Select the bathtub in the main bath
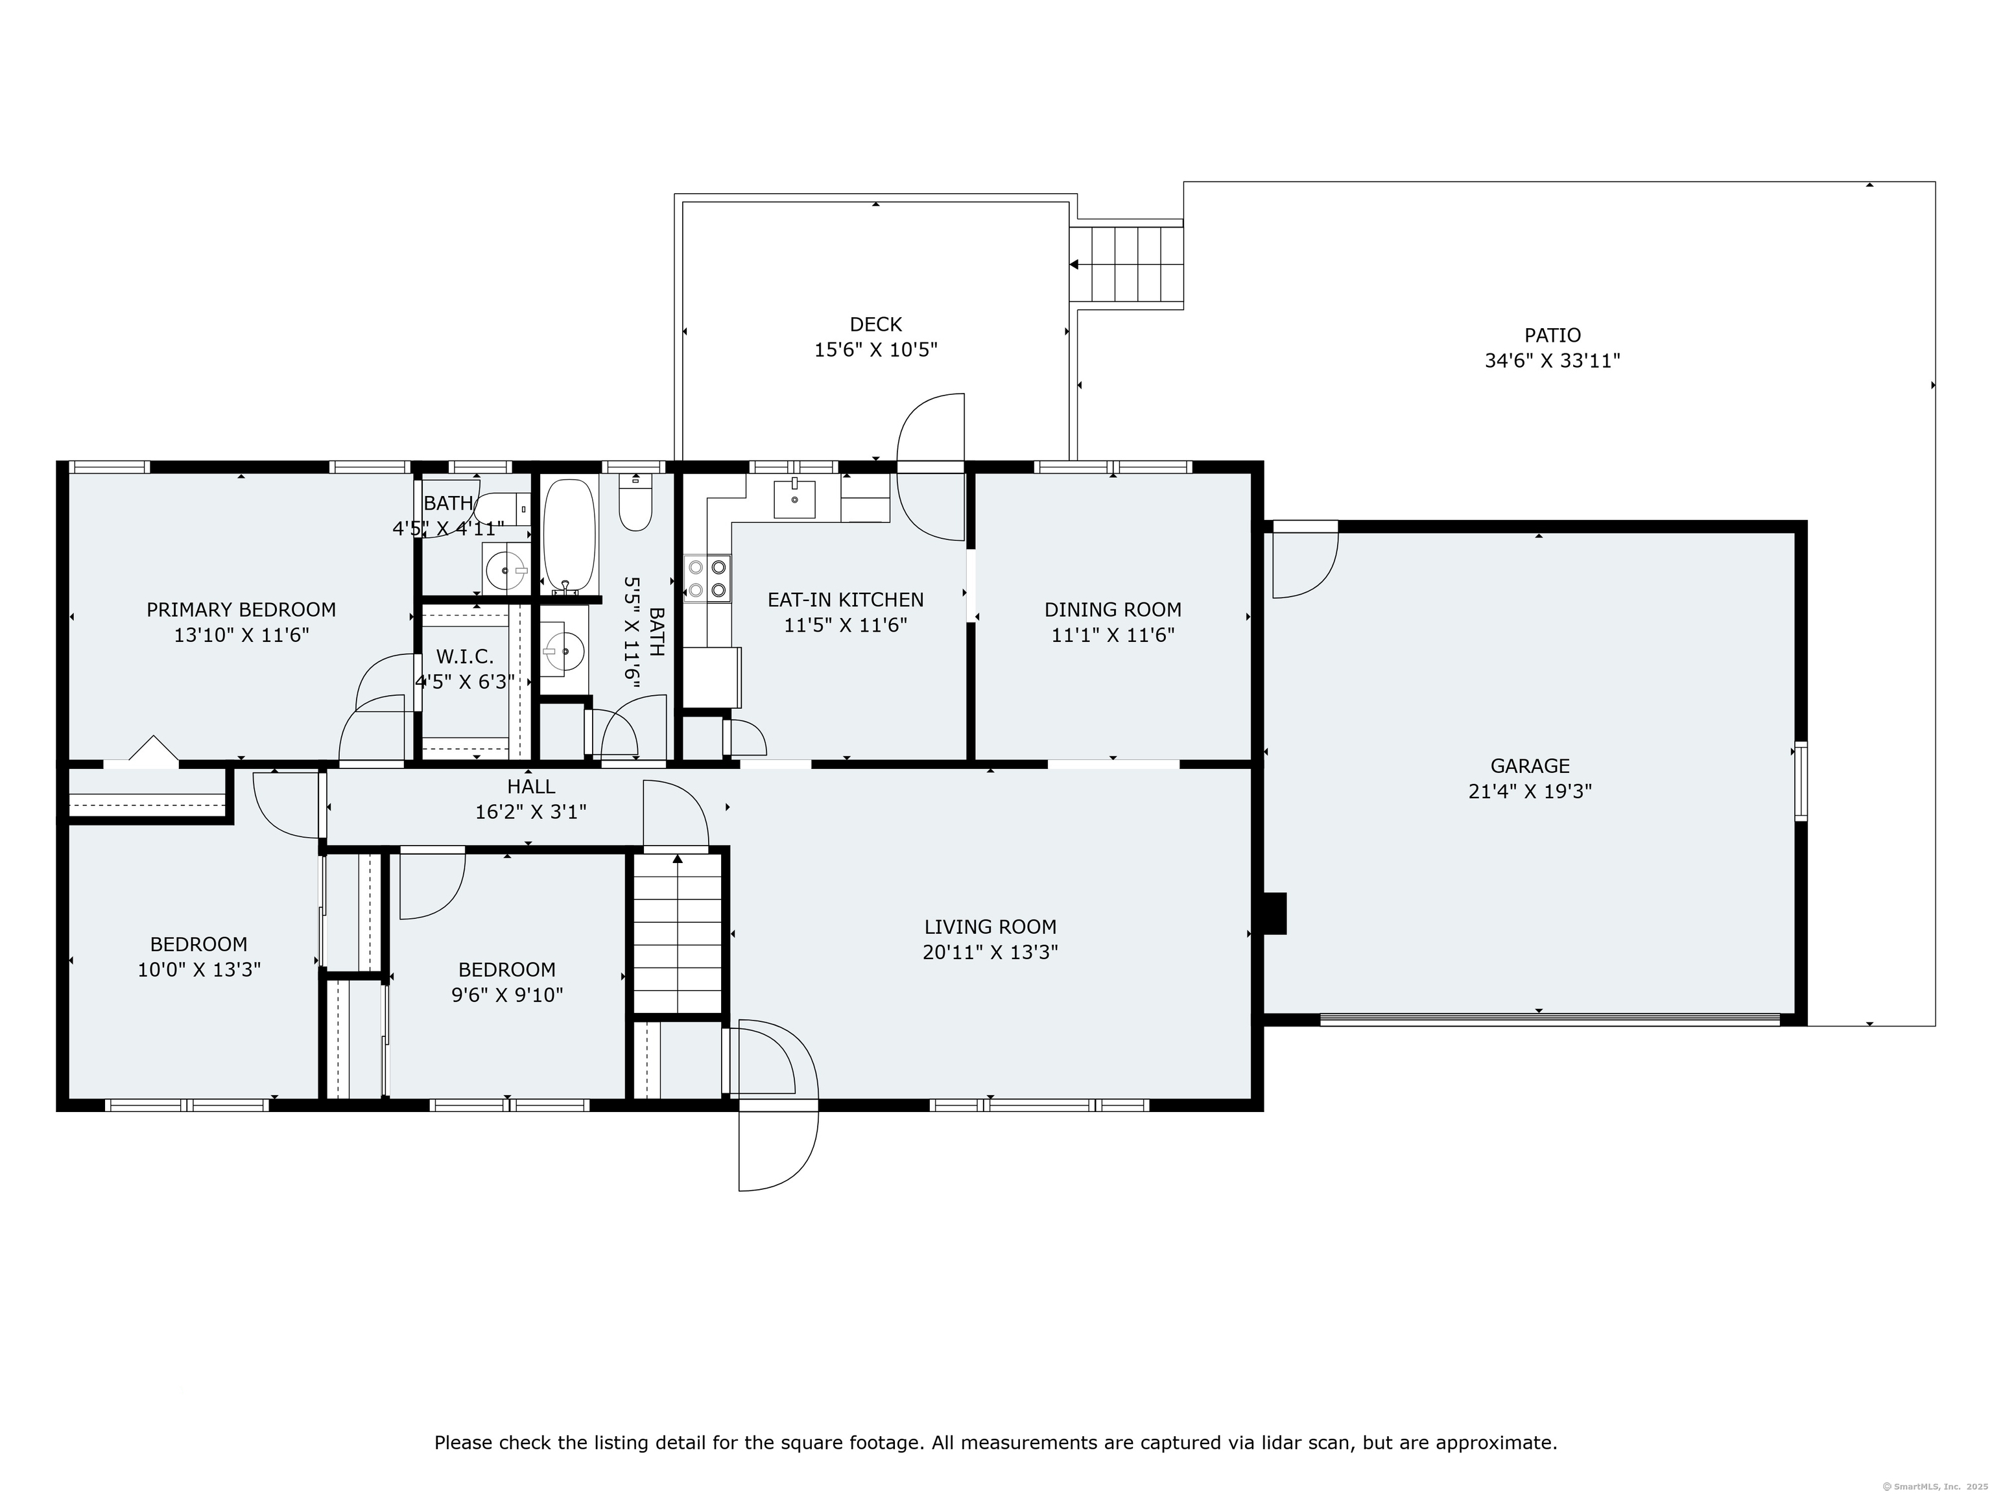click(x=569, y=534)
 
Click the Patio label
click(x=1552, y=335)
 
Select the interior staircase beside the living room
click(x=677, y=933)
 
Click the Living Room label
click(x=990, y=927)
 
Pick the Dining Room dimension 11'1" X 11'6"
click(x=1113, y=635)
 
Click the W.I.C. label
click(x=465, y=656)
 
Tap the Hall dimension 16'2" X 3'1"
click(x=530, y=811)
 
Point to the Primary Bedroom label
click(x=241, y=610)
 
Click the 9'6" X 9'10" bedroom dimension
click(x=507, y=995)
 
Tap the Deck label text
click(x=875, y=324)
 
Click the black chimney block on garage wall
click(x=1275, y=913)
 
